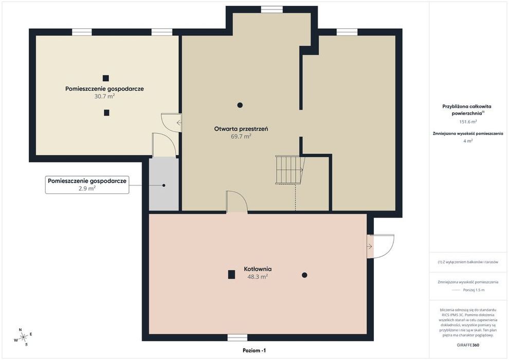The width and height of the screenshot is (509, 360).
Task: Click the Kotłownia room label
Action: [x=258, y=269]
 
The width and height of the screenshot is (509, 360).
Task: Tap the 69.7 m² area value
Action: [x=241, y=136]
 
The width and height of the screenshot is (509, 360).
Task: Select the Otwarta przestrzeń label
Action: [x=241, y=129]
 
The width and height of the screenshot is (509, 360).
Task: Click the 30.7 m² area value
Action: [x=104, y=96]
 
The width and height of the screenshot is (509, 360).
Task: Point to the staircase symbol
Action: [x=290, y=170]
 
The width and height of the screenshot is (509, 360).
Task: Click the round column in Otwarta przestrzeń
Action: [x=240, y=105]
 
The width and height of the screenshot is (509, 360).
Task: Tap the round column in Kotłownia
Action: [x=304, y=275]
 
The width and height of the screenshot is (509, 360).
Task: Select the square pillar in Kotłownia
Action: [x=231, y=275]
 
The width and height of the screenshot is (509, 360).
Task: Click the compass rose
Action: [x=23, y=337]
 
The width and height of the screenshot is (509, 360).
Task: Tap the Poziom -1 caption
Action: [x=254, y=351]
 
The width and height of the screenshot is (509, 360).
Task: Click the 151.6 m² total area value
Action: [x=468, y=122]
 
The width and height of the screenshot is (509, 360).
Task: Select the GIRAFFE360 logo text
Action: [x=468, y=345]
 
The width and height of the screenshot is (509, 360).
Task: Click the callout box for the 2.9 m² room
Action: [x=87, y=185]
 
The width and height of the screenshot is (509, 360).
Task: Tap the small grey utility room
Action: [x=163, y=185]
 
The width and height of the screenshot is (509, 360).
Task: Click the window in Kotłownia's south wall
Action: [x=238, y=337]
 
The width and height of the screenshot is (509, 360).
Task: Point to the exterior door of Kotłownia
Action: [x=380, y=246]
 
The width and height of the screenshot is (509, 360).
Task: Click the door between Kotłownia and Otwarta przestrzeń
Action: [x=237, y=202]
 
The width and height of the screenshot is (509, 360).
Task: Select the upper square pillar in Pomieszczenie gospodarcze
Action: [x=106, y=78]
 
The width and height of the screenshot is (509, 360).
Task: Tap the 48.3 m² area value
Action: [x=258, y=277]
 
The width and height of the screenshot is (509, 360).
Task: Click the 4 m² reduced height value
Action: [x=468, y=141]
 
